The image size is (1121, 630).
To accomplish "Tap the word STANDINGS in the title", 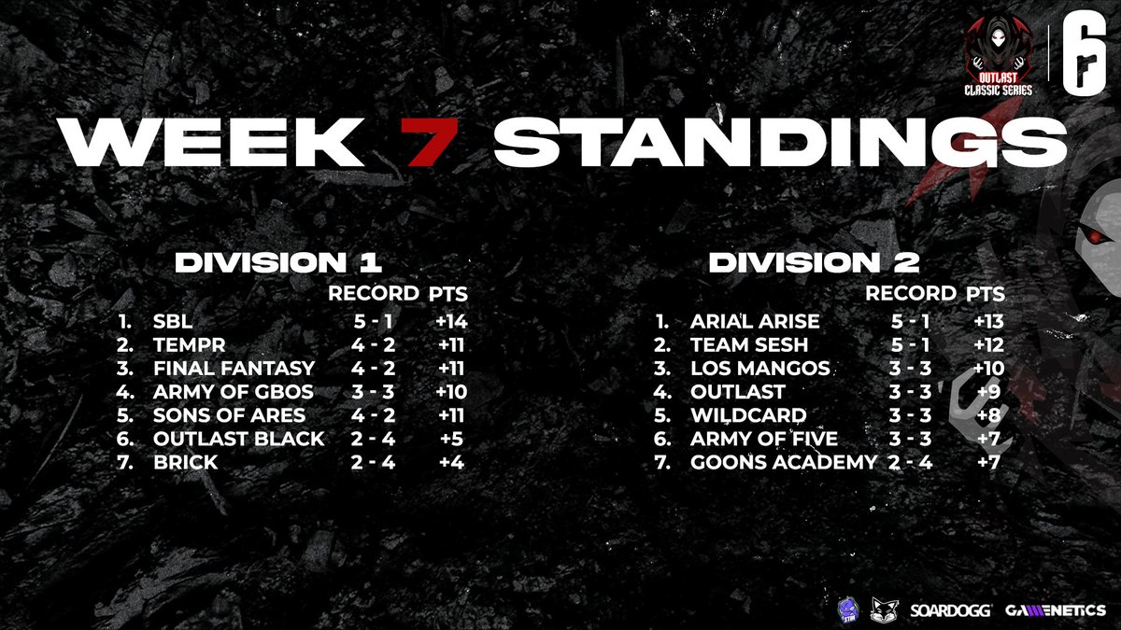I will click(779, 142).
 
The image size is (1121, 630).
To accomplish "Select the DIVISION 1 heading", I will click(278, 262).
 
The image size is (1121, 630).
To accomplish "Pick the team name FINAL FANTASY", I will click(234, 369).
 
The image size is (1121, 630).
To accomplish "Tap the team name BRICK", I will click(185, 462).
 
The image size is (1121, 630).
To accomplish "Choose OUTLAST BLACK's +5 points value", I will click(449, 439).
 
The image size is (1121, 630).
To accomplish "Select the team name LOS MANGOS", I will click(759, 369).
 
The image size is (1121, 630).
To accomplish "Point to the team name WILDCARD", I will click(748, 415).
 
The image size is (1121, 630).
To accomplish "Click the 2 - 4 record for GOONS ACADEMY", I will click(910, 462).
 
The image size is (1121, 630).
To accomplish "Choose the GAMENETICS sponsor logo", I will click(1055, 611).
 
